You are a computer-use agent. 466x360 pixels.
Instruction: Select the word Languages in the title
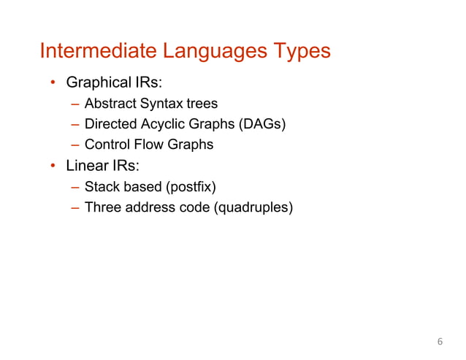(215, 52)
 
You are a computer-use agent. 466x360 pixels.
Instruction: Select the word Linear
(89, 166)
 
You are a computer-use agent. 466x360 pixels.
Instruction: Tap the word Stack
(101, 188)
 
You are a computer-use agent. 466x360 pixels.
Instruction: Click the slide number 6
(440, 342)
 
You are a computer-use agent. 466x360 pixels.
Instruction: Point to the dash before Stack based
(75, 188)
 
